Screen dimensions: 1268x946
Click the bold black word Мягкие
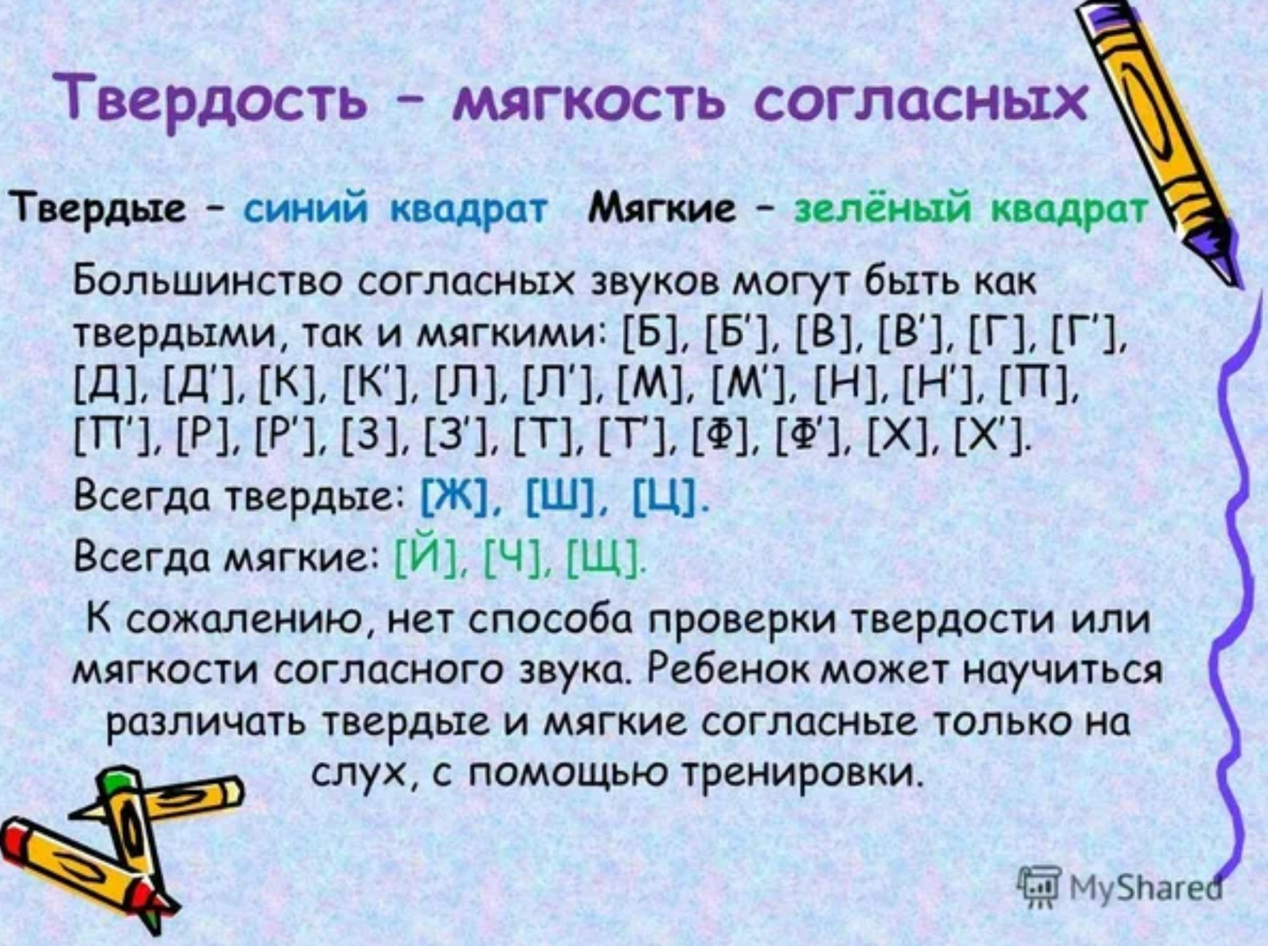point(662,207)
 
